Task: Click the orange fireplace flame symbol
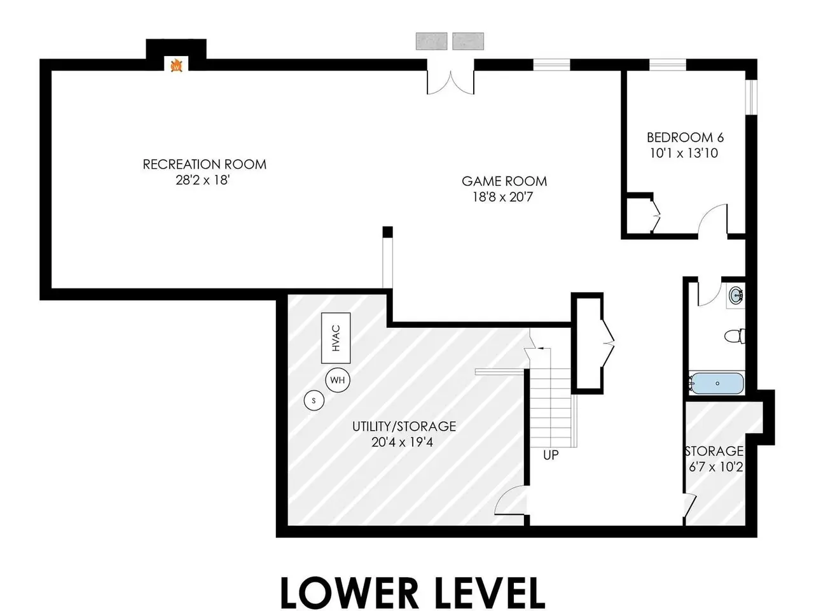point(177,66)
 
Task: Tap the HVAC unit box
point(336,338)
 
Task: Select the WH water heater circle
point(338,380)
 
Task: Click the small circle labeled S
point(314,401)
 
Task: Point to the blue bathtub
point(717,384)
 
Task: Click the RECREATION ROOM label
point(205,164)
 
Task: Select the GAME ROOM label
point(504,181)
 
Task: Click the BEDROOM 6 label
point(685,137)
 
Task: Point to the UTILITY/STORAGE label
point(404,426)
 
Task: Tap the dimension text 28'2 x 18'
point(203,180)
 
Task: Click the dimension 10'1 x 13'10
point(684,153)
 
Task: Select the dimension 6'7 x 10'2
point(715,467)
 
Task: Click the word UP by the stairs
point(551,455)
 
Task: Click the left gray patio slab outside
point(431,41)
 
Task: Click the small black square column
point(387,232)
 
